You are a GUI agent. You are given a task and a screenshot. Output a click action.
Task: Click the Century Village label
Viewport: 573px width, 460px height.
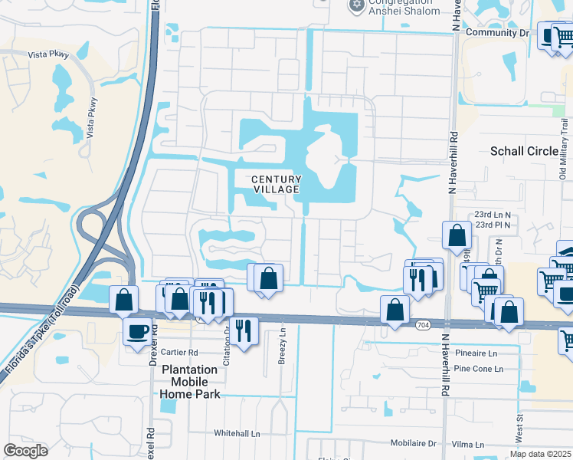[x=276, y=184]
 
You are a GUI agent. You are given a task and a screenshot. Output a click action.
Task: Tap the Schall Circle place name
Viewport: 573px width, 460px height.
[x=524, y=151]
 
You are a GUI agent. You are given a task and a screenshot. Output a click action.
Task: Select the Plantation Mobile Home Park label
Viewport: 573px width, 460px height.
[x=190, y=382]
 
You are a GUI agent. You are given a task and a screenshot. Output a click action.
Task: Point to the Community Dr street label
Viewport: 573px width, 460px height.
[x=497, y=33]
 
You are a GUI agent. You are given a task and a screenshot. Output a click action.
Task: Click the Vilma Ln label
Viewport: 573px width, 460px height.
[x=468, y=444]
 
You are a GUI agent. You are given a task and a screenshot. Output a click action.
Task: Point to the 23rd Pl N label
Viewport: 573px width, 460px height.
[x=496, y=225]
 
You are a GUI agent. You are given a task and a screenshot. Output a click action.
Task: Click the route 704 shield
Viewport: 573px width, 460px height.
[x=423, y=325]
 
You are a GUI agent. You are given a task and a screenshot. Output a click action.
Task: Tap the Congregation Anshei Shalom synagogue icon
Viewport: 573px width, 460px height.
[x=355, y=6]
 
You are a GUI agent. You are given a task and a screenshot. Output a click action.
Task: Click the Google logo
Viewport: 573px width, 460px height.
[x=26, y=451]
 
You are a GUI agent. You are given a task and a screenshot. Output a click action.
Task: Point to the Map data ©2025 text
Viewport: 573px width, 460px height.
[x=540, y=454]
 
